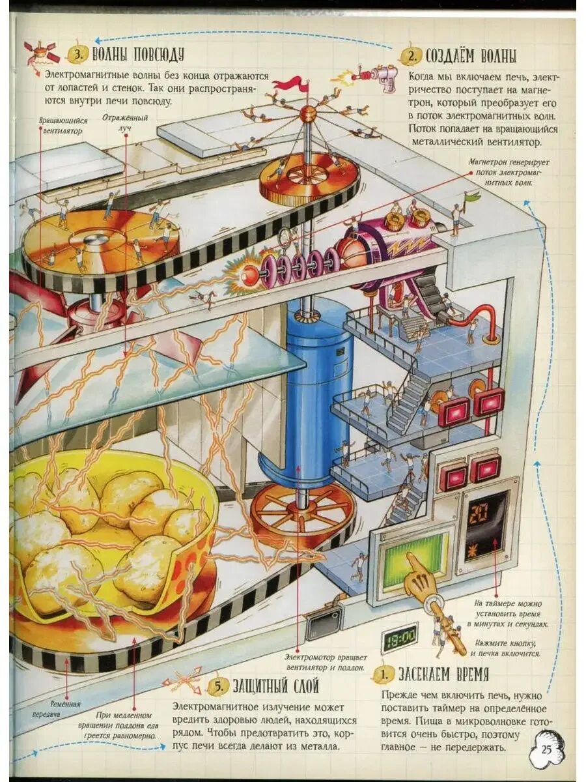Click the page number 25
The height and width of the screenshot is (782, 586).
pos(546,749)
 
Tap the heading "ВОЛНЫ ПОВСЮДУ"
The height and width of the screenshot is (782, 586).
pos(138,53)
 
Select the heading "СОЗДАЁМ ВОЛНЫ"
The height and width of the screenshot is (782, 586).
pos(470,55)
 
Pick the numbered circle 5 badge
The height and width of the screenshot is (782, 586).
pos(220,686)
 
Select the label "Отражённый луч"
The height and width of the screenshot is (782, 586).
pos(125,122)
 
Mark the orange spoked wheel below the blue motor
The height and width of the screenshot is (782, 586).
pos(300,513)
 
